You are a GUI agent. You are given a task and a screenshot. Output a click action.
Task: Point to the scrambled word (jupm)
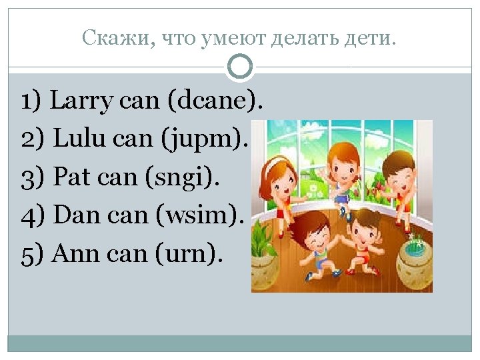click(x=211, y=140)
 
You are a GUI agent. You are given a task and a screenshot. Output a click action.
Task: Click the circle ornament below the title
click(x=239, y=66)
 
